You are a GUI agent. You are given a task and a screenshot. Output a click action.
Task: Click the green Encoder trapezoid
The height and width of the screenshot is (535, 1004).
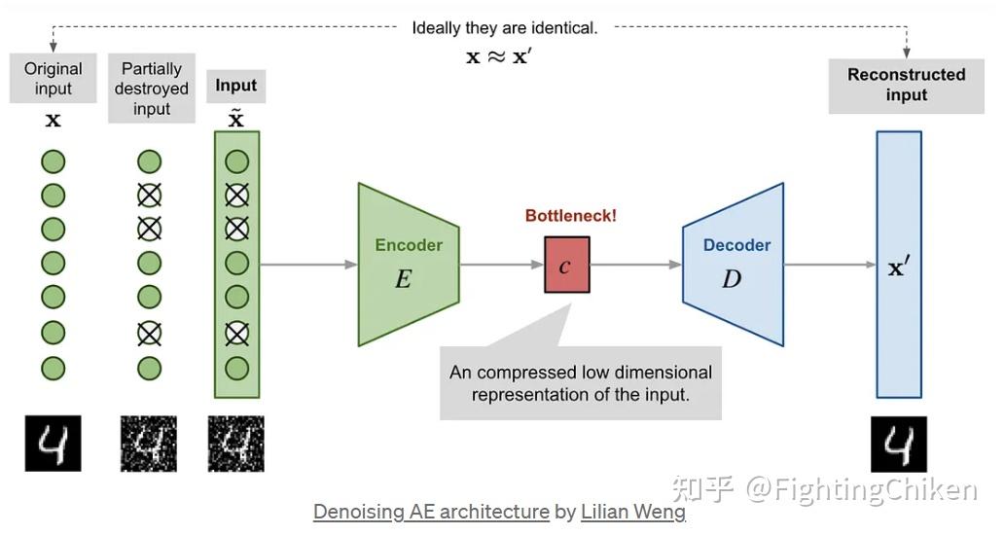click(408, 265)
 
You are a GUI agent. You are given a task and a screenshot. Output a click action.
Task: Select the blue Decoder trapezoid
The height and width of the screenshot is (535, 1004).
click(734, 265)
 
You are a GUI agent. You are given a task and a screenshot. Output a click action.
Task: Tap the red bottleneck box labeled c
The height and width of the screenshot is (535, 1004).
click(566, 265)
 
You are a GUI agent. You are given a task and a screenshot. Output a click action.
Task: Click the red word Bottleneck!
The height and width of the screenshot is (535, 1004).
click(570, 216)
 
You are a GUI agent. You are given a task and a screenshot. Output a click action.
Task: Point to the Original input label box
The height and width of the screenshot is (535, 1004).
click(54, 79)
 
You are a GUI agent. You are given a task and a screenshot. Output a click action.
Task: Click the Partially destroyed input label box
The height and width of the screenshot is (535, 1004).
click(152, 89)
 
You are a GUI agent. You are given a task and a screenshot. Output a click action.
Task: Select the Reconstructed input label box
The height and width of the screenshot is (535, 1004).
click(906, 86)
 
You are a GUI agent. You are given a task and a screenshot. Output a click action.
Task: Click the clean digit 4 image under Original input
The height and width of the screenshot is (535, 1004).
click(54, 444)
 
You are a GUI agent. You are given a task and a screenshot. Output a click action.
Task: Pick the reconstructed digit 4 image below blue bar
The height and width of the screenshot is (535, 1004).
click(898, 445)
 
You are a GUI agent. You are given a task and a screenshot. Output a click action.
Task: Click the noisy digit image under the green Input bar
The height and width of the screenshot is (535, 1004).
click(236, 444)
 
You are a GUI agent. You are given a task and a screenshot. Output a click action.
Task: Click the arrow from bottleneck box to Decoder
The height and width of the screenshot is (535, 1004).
click(636, 265)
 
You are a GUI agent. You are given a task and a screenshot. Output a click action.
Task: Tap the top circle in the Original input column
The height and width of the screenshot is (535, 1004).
click(54, 162)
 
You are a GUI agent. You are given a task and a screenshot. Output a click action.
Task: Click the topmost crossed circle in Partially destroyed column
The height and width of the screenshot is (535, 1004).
click(149, 196)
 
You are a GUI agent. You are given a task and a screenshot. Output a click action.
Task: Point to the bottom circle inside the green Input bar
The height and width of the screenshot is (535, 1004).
click(236, 369)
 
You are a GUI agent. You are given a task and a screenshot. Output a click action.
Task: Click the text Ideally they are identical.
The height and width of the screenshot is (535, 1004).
click(504, 28)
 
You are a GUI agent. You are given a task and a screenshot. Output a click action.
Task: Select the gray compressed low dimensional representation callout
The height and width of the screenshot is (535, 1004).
click(580, 383)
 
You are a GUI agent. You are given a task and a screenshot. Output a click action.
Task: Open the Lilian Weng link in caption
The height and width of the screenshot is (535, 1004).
click(632, 512)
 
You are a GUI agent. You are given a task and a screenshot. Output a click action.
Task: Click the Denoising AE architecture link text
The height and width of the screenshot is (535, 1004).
click(431, 512)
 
